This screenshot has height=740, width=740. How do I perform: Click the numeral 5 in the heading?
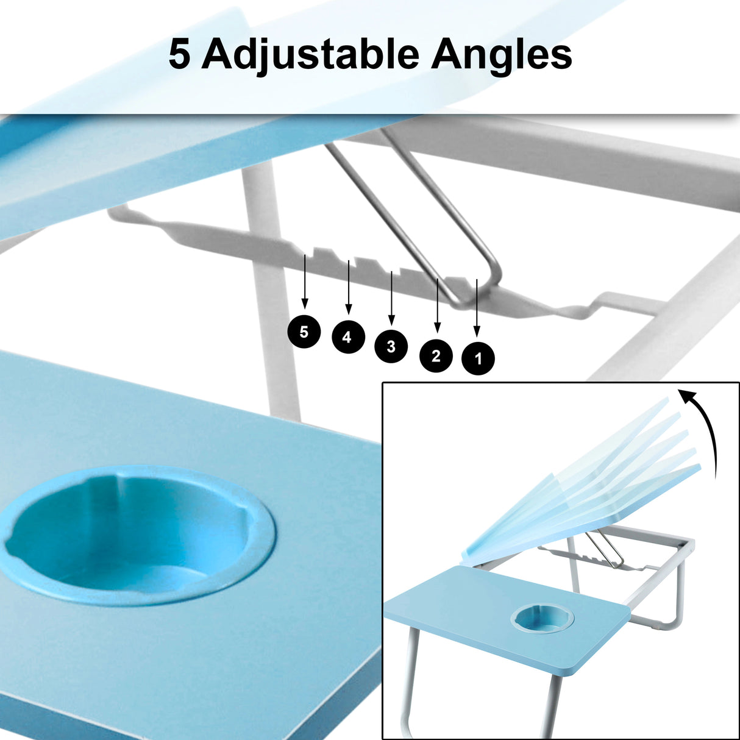tap(179, 55)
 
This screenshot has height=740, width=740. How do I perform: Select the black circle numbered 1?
tap(478, 358)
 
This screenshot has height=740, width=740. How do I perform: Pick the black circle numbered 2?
tap(436, 355)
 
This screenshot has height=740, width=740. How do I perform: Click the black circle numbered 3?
tap(391, 346)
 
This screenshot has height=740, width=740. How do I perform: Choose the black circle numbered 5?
tap(304, 332)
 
